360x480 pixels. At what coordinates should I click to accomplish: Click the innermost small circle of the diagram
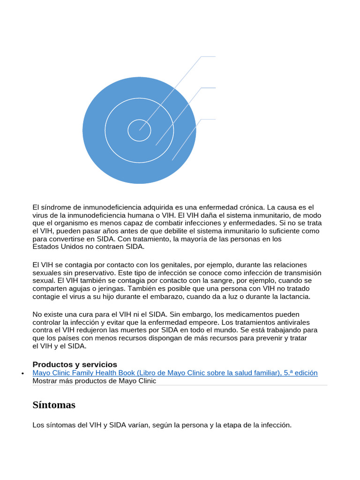(x=139, y=130)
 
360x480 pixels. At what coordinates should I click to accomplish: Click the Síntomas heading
(x=54, y=405)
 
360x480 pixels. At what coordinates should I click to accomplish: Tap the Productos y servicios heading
(x=75, y=364)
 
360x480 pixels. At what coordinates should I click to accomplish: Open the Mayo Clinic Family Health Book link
(x=175, y=373)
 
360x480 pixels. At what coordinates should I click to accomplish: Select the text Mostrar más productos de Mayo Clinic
(x=94, y=381)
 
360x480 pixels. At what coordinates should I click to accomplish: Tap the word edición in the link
(x=304, y=373)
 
